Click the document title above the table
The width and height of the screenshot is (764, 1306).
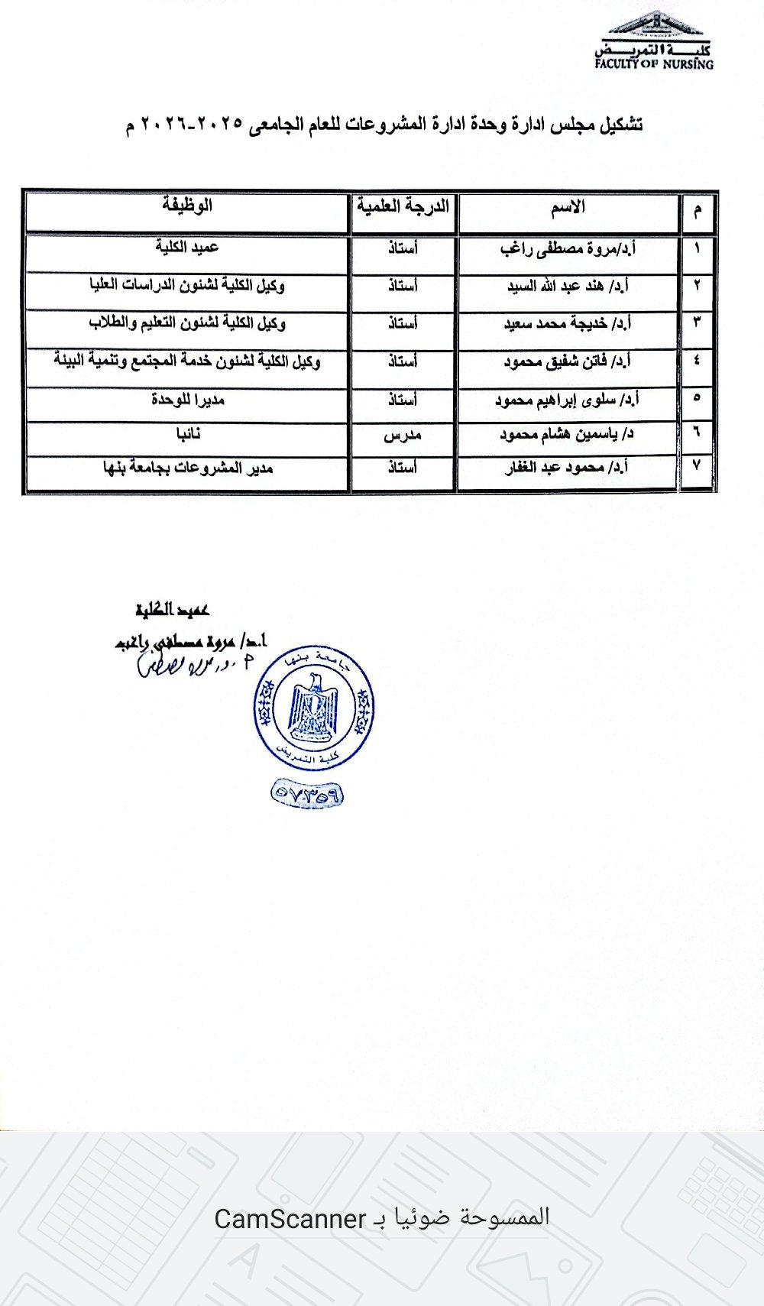pyautogui.click(x=384, y=124)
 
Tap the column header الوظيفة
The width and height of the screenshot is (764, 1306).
pyautogui.click(x=187, y=206)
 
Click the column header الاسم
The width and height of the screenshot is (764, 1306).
pyautogui.click(x=568, y=207)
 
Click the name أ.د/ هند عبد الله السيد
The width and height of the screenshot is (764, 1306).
pyautogui.click(x=568, y=287)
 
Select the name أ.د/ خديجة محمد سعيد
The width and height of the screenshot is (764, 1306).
pyautogui.click(x=567, y=323)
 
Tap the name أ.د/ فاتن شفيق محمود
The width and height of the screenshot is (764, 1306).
pyautogui.click(x=567, y=361)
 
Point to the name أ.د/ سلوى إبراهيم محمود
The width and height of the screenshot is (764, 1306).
pyautogui.click(x=567, y=400)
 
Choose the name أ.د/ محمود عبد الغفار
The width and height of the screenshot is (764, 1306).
pyautogui.click(x=567, y=468)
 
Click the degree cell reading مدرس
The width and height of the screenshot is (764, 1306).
pyautogui.click(x=403, y=436)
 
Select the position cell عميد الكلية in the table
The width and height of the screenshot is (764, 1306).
pyautogui.click(x=187, y=248)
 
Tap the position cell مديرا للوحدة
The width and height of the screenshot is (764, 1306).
pyautogui.click(x=187, y=400)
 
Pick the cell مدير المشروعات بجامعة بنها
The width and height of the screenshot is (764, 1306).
pyautogui.click(x=188, y=468)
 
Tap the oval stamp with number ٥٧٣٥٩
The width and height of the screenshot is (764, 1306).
pyautogui.click(x=307, y=796)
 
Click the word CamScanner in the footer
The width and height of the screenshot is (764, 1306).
pyautogui.click(x=290, y=1218)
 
